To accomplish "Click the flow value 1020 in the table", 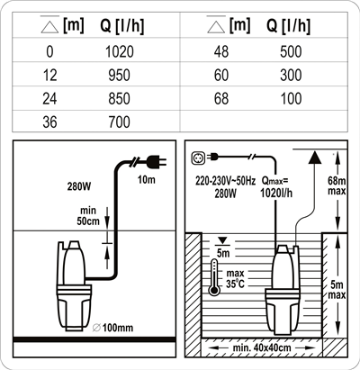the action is coord(120,51).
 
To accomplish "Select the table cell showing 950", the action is coord(120,75).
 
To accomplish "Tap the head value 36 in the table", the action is coord(49,122).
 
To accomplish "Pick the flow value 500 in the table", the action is coord(291,51).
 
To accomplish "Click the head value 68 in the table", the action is coord(221,99).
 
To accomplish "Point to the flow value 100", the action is coord(291,99).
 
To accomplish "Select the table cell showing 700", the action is coord(120,122).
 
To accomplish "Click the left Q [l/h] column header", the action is coord(121,26).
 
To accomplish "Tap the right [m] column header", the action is coord(239,25).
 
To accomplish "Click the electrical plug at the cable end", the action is coord(157,161).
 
